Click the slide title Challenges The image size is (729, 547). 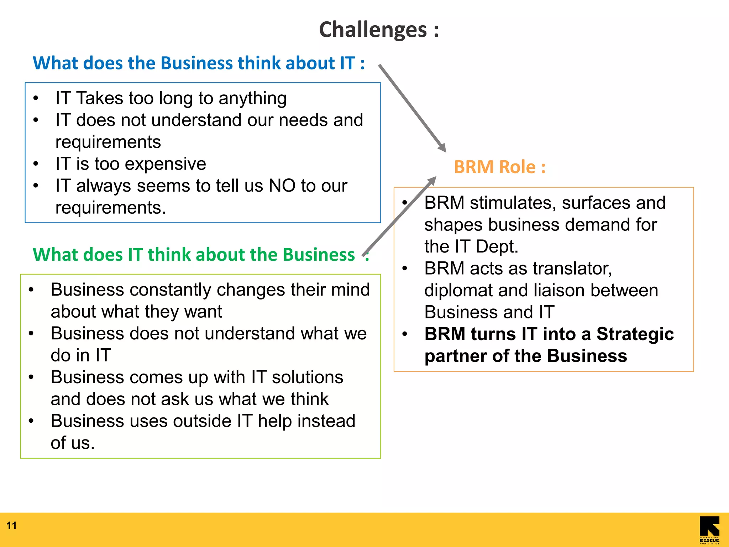[x=378, y=30]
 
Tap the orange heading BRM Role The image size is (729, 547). [x=499, y=167]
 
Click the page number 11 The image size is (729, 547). [x=11, y=525]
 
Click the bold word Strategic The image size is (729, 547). [x=635, y=334]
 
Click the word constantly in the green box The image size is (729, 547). [x=171, y=290]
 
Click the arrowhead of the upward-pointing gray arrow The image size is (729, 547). [x=432, y=181]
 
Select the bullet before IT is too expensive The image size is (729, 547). [x=36, y=164]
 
